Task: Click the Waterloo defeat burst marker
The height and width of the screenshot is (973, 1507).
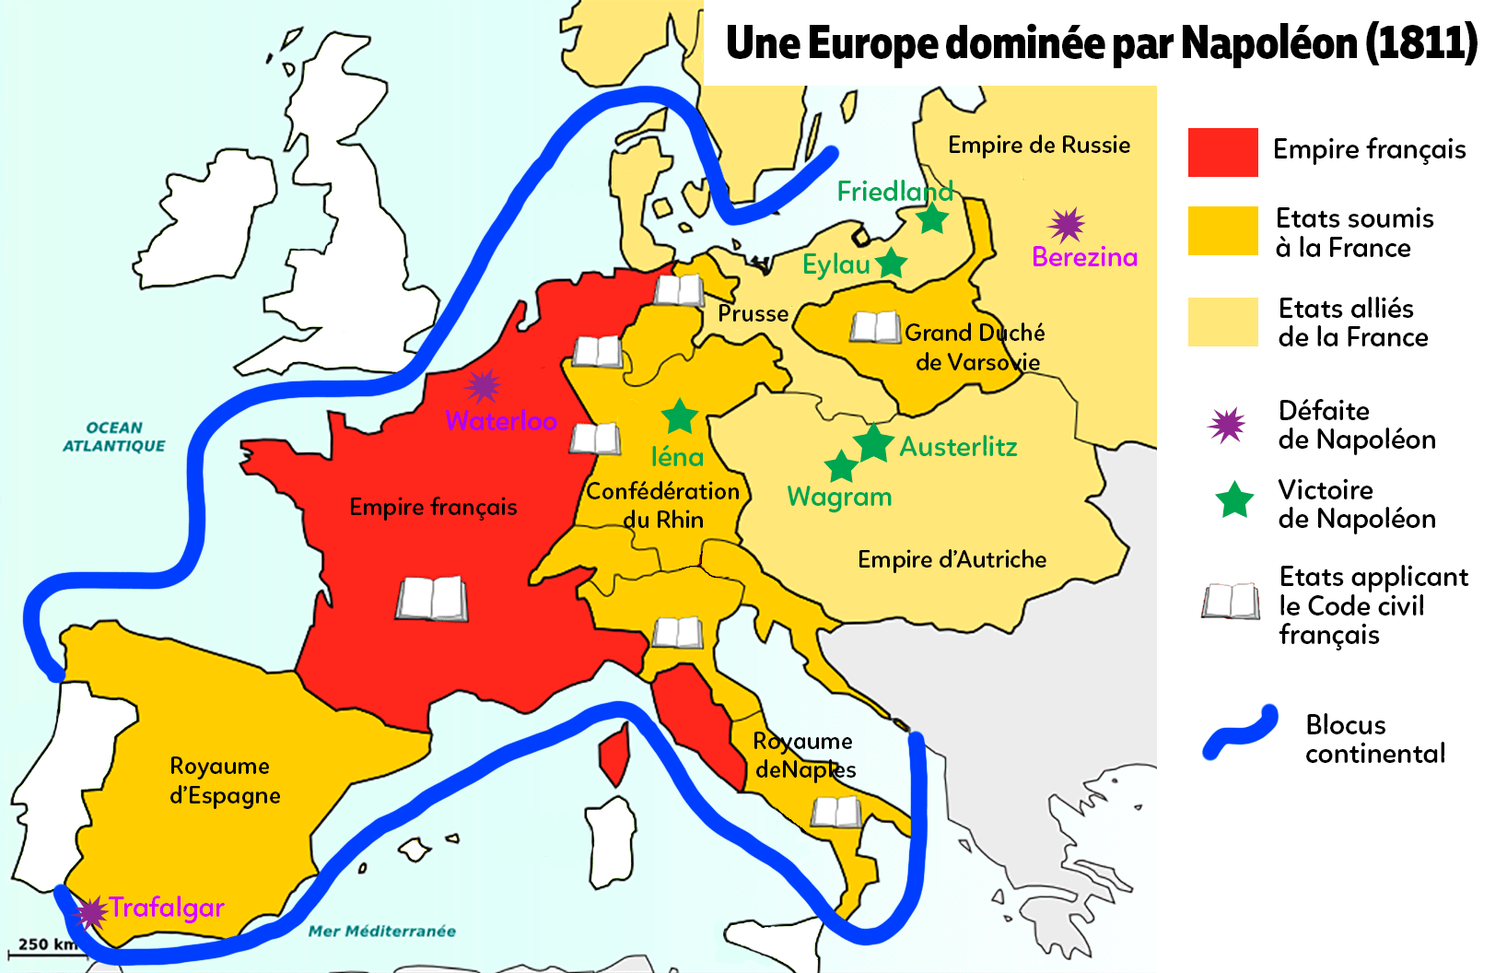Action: click(483, 386)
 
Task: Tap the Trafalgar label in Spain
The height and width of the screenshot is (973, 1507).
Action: click(167, 908)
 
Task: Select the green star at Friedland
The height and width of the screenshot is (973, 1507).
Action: click(933, 218)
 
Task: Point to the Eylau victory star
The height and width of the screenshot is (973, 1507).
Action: click(892, 264)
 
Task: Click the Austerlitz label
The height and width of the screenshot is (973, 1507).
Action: click(958, 447)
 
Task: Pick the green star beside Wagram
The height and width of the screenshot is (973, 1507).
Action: click(841, 466)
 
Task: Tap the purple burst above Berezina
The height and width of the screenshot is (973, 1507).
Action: click(1067, 224)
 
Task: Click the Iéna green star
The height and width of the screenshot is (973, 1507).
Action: click(680, 416)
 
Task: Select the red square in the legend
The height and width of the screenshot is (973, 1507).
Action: click(1222, 152)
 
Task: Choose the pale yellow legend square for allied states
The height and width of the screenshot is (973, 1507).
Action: click(1222, 322)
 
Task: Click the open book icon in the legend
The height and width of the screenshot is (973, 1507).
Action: click(1231, 602)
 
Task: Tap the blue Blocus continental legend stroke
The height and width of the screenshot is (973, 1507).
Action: click(1241, 733)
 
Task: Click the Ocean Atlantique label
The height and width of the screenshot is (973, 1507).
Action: click(114, 437)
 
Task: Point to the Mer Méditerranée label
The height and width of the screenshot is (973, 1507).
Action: click(381, 932)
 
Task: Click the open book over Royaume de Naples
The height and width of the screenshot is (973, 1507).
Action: click(836, 813)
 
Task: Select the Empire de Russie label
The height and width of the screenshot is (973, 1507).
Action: click(1039, 145)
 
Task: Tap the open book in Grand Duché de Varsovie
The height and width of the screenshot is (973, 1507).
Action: click(874, 327)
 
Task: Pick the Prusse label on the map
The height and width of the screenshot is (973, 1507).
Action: click(753, 313)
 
